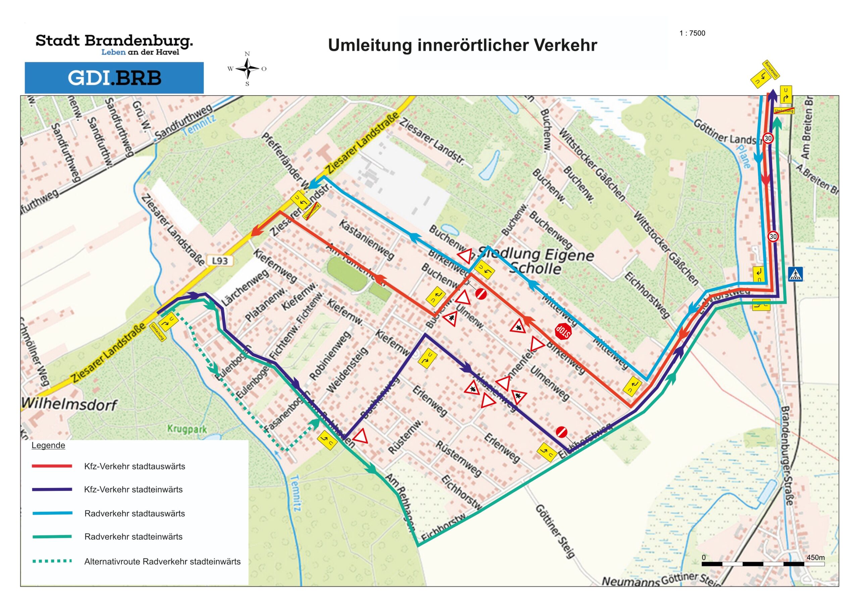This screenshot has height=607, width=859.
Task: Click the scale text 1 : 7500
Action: (692, 33)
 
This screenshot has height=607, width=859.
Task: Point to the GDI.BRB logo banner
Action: (114, 78)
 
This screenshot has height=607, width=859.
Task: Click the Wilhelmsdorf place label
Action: (69, 404)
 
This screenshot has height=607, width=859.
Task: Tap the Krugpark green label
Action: (187, 429)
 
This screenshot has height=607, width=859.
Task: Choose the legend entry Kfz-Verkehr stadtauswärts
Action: (135, 466)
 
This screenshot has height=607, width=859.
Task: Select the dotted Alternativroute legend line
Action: (52, 561)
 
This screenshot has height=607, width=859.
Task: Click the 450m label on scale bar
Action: (815, 557)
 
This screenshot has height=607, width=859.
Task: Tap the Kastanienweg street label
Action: (367, 240)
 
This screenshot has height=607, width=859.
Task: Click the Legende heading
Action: (48, 445)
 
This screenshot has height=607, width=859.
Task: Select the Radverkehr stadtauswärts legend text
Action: (135, 513)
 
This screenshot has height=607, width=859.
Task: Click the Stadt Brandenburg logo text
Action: (114, 41)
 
